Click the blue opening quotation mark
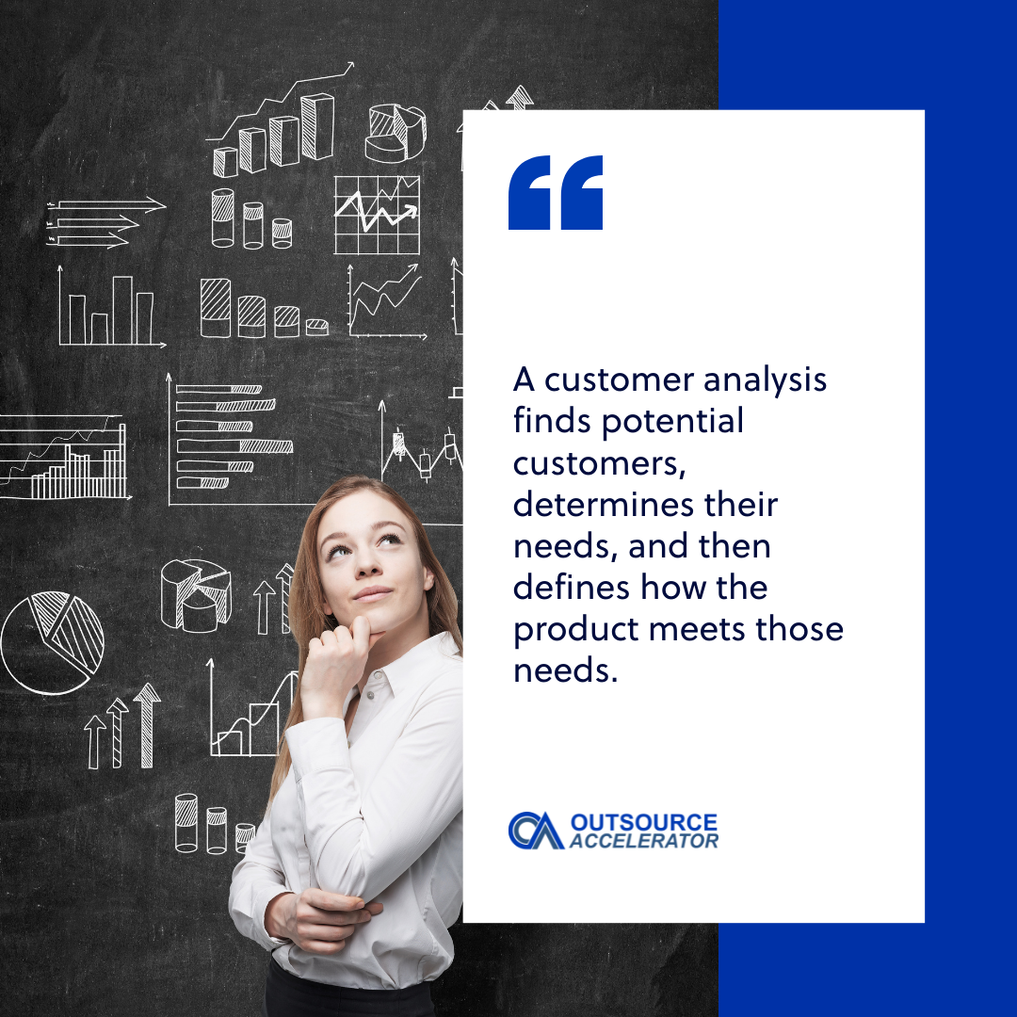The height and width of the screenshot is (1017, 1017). (556, 193)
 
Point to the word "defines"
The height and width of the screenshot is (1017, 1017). (570, 588)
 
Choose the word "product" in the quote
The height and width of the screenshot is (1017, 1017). (571, 629)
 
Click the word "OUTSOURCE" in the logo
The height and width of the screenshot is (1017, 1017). (643, 823)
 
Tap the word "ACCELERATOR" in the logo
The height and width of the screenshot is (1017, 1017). (643, 841)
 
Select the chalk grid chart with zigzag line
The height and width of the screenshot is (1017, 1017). (377, 215)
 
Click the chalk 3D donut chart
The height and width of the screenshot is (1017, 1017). (395, 133)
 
